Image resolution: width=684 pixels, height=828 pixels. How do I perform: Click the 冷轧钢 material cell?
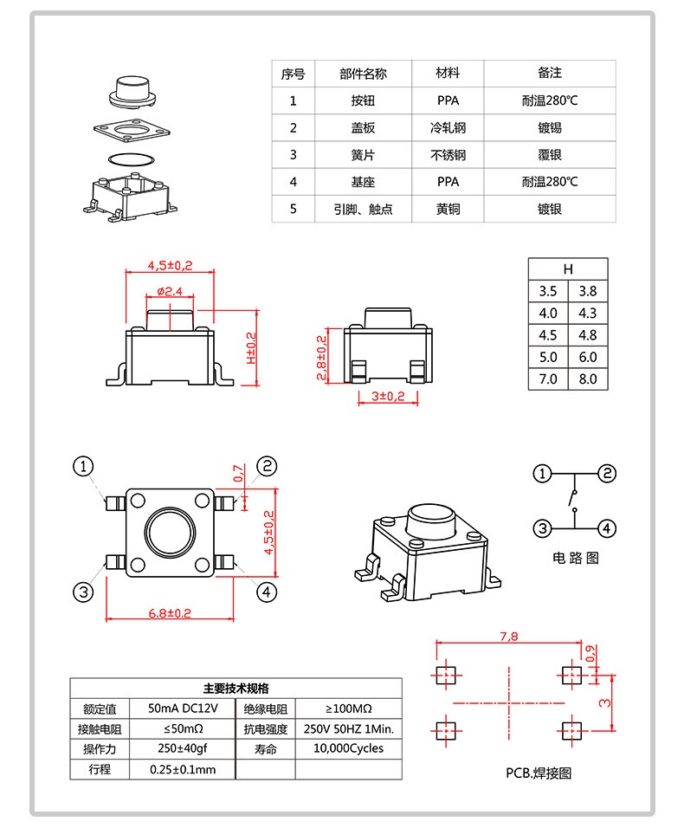[x=448, y=127]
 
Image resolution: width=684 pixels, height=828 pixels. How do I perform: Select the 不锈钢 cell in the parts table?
[x=448, y=155]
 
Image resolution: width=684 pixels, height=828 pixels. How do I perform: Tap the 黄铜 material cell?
[x=448, y=209]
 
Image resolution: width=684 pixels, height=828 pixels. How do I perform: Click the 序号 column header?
[x=293, y=74]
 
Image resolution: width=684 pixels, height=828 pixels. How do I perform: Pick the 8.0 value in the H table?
[x=588, y=378]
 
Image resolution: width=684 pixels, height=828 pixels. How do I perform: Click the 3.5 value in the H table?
[x=548, y=291]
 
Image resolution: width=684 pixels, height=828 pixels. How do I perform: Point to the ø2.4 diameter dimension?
[x=170, y=291]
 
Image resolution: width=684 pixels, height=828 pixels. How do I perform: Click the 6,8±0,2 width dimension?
[x=170, y=612]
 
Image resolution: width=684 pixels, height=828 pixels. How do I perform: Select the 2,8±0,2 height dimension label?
[x=321, y=358]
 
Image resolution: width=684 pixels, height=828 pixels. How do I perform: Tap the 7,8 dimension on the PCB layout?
[x=509, y=637]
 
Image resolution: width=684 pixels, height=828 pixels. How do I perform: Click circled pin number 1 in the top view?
[x=83, y=467]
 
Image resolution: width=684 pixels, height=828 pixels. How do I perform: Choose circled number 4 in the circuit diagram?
[x=608, y=528]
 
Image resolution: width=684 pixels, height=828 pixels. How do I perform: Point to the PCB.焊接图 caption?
[x=539, y=773]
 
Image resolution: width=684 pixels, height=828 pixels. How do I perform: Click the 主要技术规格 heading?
[x=236, y=688]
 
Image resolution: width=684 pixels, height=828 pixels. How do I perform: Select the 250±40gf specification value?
[x=182, y=748]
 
